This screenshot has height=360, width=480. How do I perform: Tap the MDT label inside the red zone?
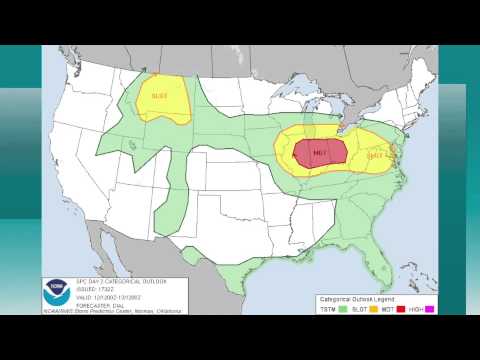coord(320,153)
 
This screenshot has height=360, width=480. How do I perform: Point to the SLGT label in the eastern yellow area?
coord(377,155)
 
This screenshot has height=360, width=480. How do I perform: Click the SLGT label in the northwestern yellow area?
coord(160,96)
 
